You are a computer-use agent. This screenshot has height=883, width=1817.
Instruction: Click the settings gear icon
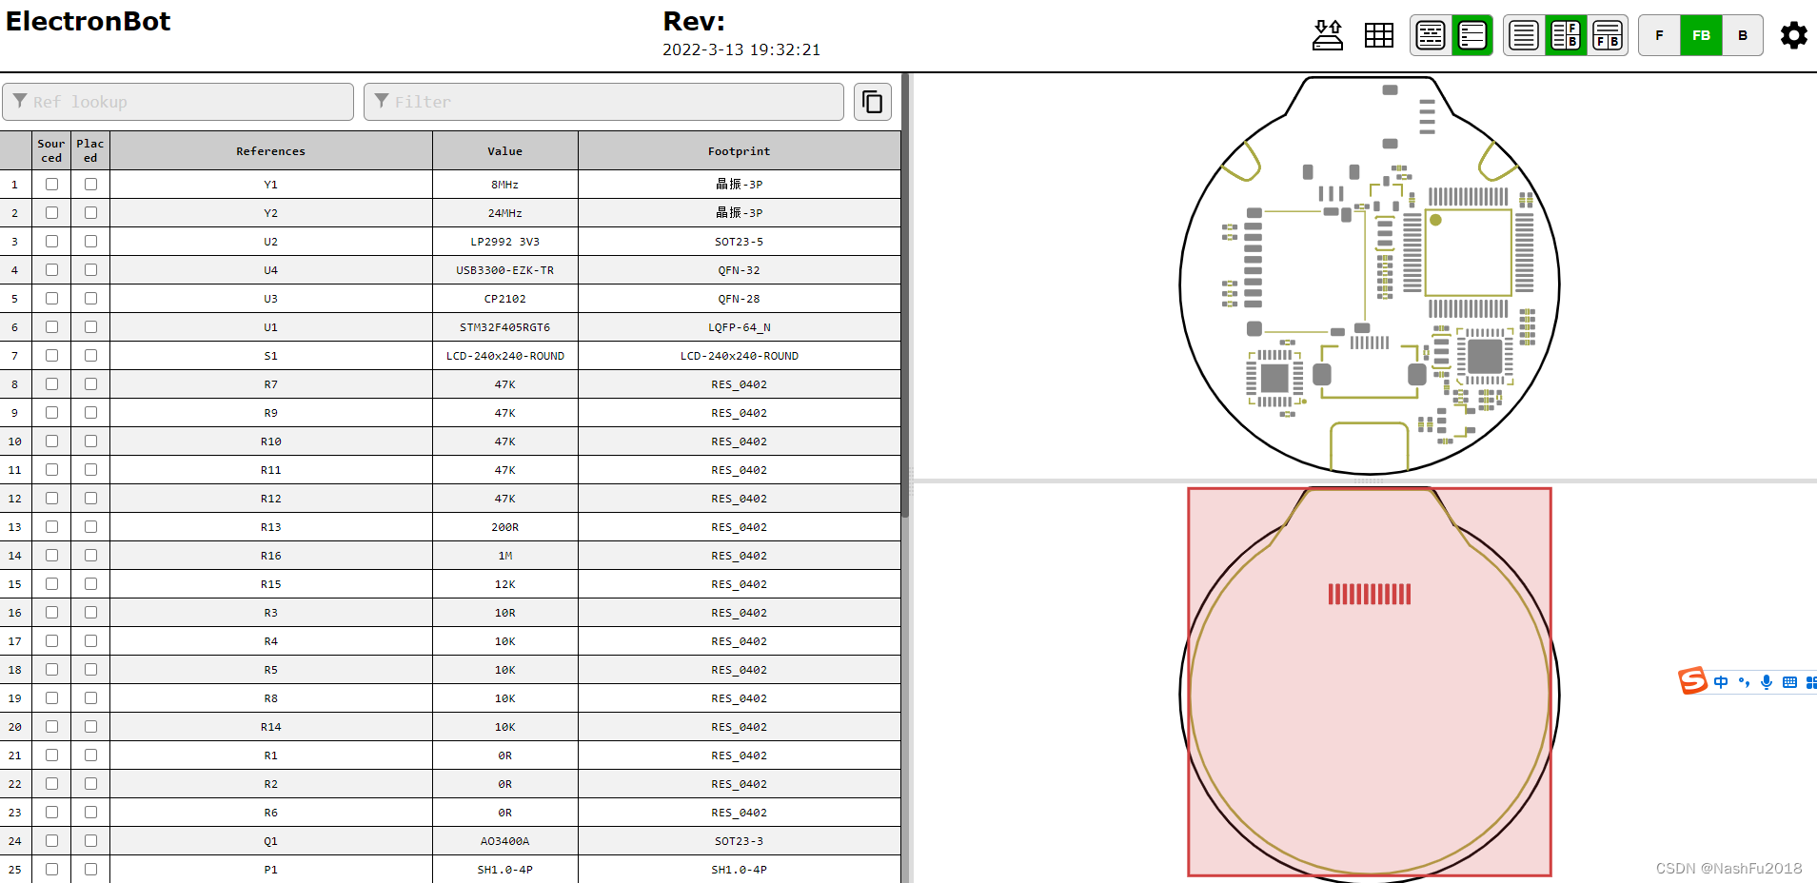tap(1793, 35)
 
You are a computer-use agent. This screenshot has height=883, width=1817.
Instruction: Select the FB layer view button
tap(1701, 35)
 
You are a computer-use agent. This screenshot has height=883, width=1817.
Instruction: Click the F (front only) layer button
tap(1659, 35)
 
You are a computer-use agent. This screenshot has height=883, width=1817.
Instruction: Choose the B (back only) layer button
tap(1743, 35)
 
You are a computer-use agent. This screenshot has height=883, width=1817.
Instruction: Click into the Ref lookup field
tap(178, 102)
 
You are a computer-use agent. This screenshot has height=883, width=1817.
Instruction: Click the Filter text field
tap(603, 102)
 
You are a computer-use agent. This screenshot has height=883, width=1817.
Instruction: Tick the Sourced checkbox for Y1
tap(51, 184)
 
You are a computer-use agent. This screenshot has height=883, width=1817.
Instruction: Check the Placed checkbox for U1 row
tap(90, 326)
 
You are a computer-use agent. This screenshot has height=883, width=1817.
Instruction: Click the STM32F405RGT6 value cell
tap(504, 327)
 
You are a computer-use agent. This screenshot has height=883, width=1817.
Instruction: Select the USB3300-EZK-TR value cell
tap(504, 270)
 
